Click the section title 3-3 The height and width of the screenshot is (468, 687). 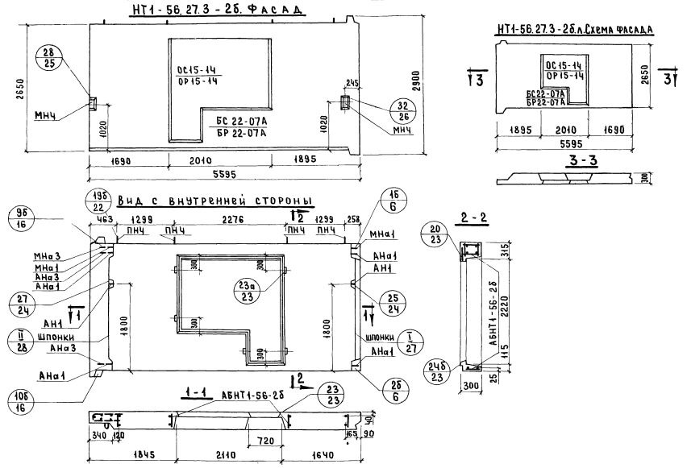click(x=578, y=161)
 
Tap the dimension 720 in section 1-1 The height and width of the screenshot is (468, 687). click(x=256, y=441)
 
